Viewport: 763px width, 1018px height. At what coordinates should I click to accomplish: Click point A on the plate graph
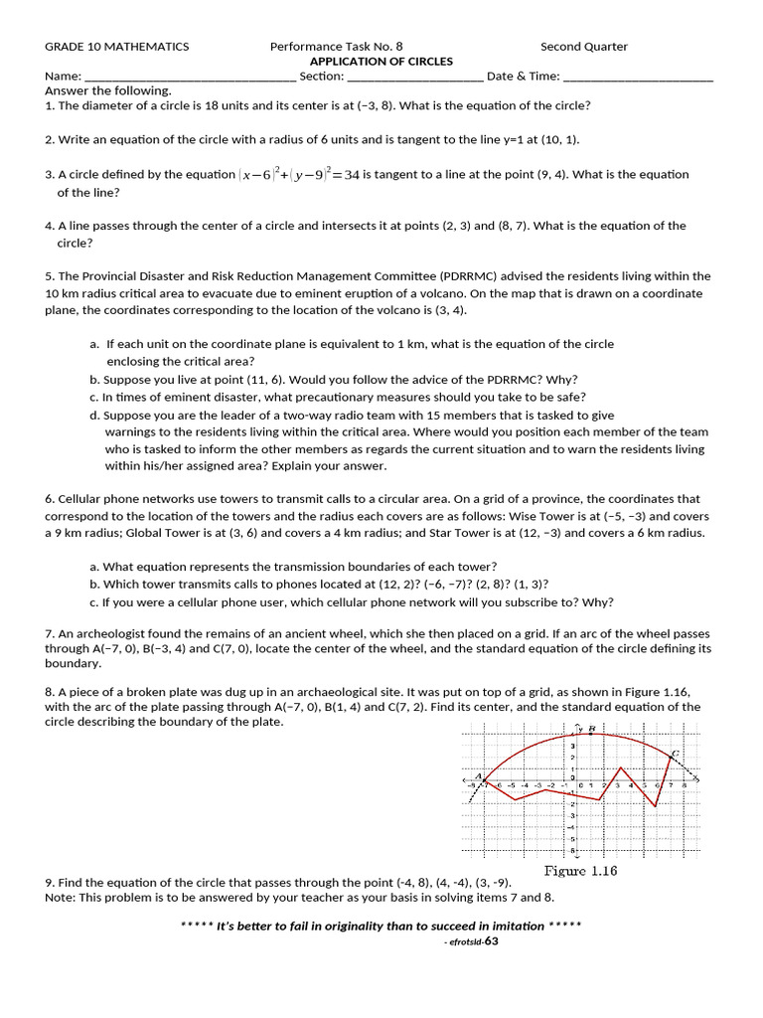coord(480,777)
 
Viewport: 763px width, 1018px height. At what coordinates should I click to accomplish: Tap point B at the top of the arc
coord(591,730)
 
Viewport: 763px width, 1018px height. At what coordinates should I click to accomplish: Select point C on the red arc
coord(675,754)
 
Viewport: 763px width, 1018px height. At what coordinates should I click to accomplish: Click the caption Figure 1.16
coord(580,871)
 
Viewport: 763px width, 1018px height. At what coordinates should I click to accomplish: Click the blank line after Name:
coord(190,77)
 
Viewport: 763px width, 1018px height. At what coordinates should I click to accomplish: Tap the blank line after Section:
coord(415,77)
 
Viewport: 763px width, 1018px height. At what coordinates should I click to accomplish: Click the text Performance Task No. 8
coord(337,47)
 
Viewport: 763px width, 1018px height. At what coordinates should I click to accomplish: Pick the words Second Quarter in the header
coord(584,47)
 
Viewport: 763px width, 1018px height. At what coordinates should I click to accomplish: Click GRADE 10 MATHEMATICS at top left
coord(116,47)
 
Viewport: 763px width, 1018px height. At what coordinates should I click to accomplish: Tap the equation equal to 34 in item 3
coord(299,175)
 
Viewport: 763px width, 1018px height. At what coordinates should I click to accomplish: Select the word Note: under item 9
coord(61,898)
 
